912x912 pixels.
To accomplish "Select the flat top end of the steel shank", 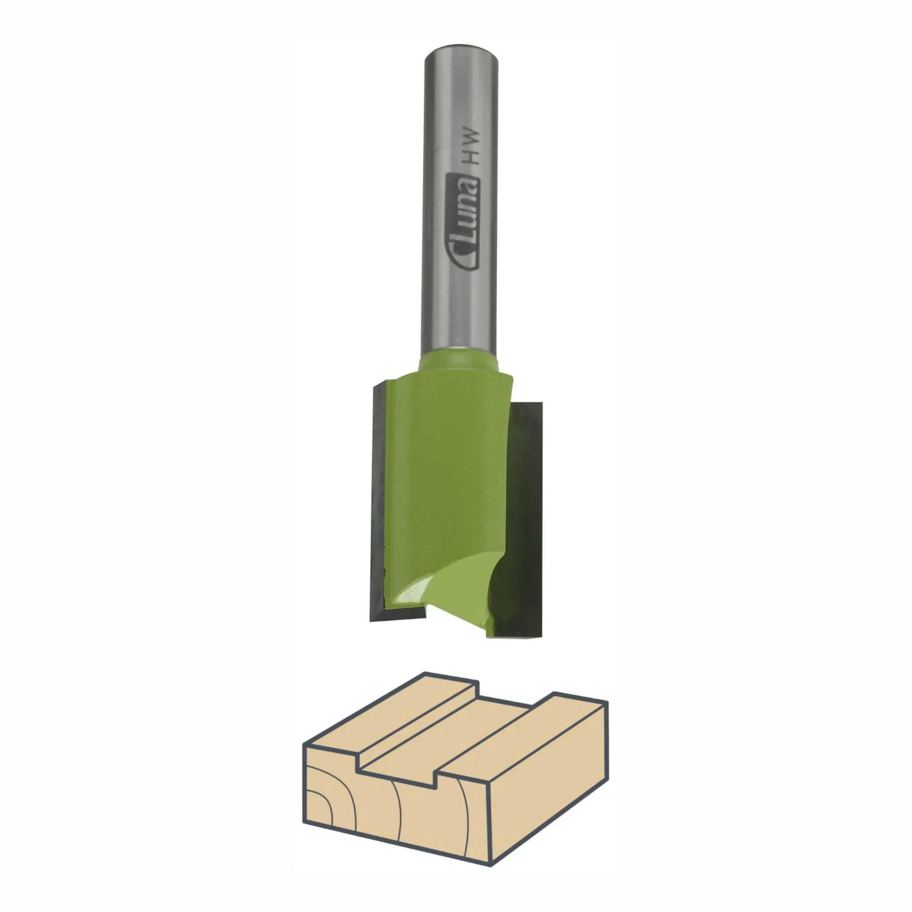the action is pyautogui.click(x=461, y=49).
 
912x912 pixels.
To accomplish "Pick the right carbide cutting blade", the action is pyautogui.click(x=524, y=520).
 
